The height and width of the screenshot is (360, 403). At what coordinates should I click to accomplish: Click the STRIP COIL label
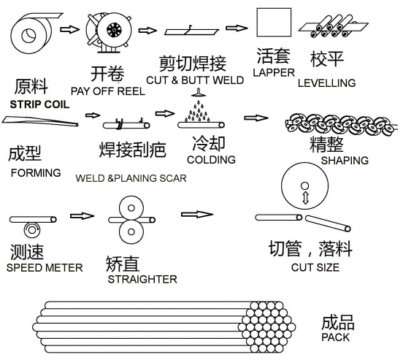pyautogui.click(x=39, y=104)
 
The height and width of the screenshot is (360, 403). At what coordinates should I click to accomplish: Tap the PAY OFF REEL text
pyautogui.click(x=108, y=91)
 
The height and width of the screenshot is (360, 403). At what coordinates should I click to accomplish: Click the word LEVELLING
pyautogui.click(x=326, y=83)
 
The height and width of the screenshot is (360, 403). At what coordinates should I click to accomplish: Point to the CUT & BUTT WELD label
pyautogui.click(x=195, y=80)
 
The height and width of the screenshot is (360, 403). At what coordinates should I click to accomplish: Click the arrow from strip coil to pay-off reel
pyautogui.click(x=69, y=29)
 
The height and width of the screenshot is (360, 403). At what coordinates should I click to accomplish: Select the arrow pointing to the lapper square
pyautogui.click(x=237, y=28)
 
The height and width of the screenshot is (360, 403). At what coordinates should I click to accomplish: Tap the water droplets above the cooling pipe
pyautogui.click(x=197, y=111)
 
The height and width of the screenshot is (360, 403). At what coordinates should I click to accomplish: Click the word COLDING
pyautogui.click(x=211, y=160)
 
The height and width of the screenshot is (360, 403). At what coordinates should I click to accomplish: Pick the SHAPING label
pyautogui.click(x=345, y=161)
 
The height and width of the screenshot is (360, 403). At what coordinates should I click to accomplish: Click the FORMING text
pyautogui.click(x=36, y=173)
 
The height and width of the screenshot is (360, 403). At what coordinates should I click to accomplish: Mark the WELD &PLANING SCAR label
pyautogui.click(x=131, y=178)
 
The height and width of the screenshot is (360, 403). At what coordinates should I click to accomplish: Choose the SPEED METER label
pyautogui.click(x=45, y=268)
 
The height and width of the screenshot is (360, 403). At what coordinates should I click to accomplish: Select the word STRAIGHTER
pyautogui.click(x=142, y=279)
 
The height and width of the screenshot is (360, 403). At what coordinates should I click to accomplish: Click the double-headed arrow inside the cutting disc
pyautogui.click(x=305, y=198)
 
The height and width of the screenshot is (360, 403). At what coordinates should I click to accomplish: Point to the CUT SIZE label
pyautogui.click(x=315, y=267)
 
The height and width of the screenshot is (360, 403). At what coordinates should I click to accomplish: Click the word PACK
pyautogui.click(x=335, y=337)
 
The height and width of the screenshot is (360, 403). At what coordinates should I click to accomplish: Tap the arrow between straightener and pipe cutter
pyautogui.click(x=197, y=214)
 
